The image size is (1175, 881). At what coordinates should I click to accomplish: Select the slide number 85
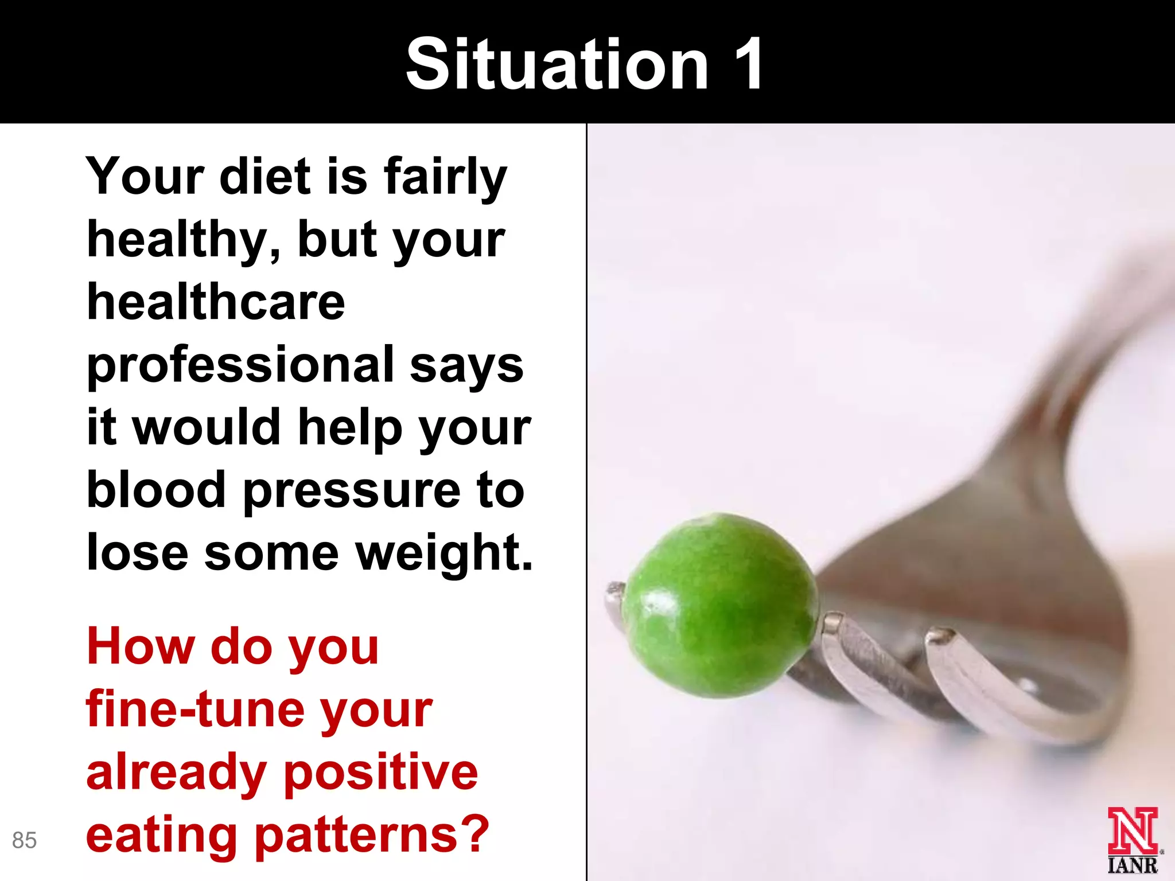24,840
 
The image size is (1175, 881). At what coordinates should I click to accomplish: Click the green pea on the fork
720,605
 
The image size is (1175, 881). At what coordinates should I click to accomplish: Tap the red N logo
1132,831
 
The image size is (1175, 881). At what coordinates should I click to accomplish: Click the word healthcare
216,302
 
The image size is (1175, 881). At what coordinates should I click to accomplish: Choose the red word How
141,646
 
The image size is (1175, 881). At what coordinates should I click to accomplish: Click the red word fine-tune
196,710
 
